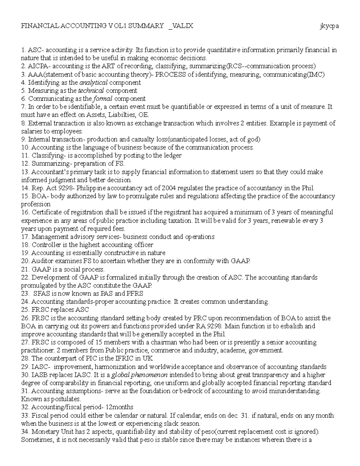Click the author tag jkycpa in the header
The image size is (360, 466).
329,26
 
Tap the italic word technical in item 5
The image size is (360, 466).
91,91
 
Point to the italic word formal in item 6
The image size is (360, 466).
103,99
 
